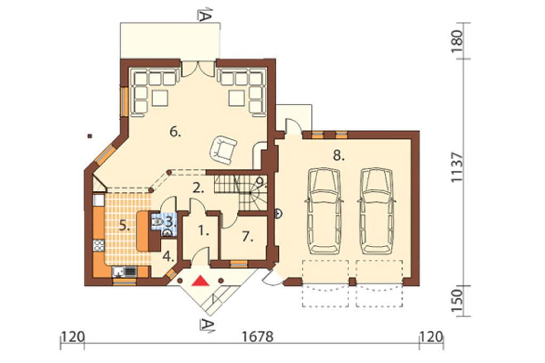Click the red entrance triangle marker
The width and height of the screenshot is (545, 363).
(x=200, y=281)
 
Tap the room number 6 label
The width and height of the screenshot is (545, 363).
(x=175, y=132)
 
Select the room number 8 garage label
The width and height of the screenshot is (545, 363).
(x=338, y=156)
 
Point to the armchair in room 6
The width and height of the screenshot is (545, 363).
(x=223, y=149)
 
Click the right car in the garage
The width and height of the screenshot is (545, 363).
(x=377, y=211)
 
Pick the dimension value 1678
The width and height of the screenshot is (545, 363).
(x=258, y=337)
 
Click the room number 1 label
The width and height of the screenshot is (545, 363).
(x=203, y=230)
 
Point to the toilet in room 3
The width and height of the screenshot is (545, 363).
(x=157, y=221)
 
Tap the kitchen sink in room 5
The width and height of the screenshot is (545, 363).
(x=125, y=271)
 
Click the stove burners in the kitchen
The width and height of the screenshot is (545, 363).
(x=98, y=246)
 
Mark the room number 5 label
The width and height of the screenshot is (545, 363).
(x=125, y=226)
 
